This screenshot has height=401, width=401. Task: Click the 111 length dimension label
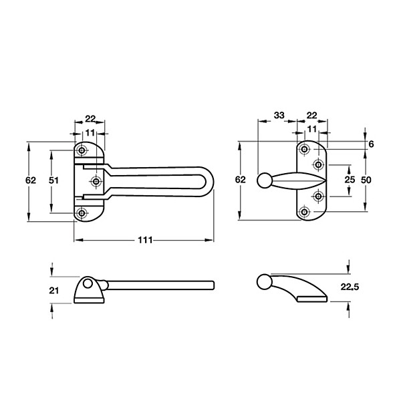point(145,240)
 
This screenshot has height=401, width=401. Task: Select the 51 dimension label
point(53,180)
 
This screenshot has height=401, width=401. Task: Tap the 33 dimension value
point(279,116)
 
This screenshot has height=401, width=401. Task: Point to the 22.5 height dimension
point(350,287)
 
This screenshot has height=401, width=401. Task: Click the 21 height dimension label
point(53,291)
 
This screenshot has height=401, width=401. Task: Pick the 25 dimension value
point(350,180)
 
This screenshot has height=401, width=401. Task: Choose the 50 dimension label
point(366,180)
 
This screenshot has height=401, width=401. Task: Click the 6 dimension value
point(371,144)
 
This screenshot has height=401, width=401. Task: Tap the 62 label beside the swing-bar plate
point(31,180)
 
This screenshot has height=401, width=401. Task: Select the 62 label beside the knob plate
point(240,180)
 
